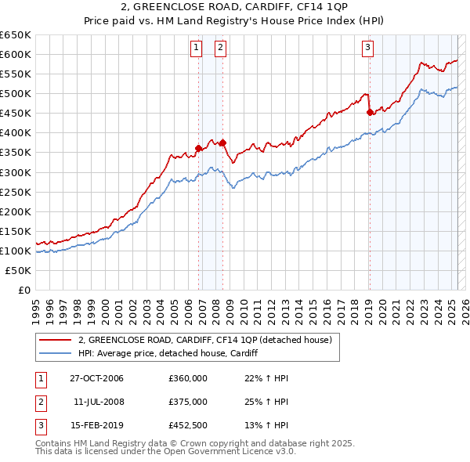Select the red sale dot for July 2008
pos(223,143)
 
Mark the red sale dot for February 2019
pos(370,112)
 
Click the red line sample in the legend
pos(55,340)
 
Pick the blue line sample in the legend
pos(55,353)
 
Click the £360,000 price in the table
pos(188,378)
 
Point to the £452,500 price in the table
pos(188,426)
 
